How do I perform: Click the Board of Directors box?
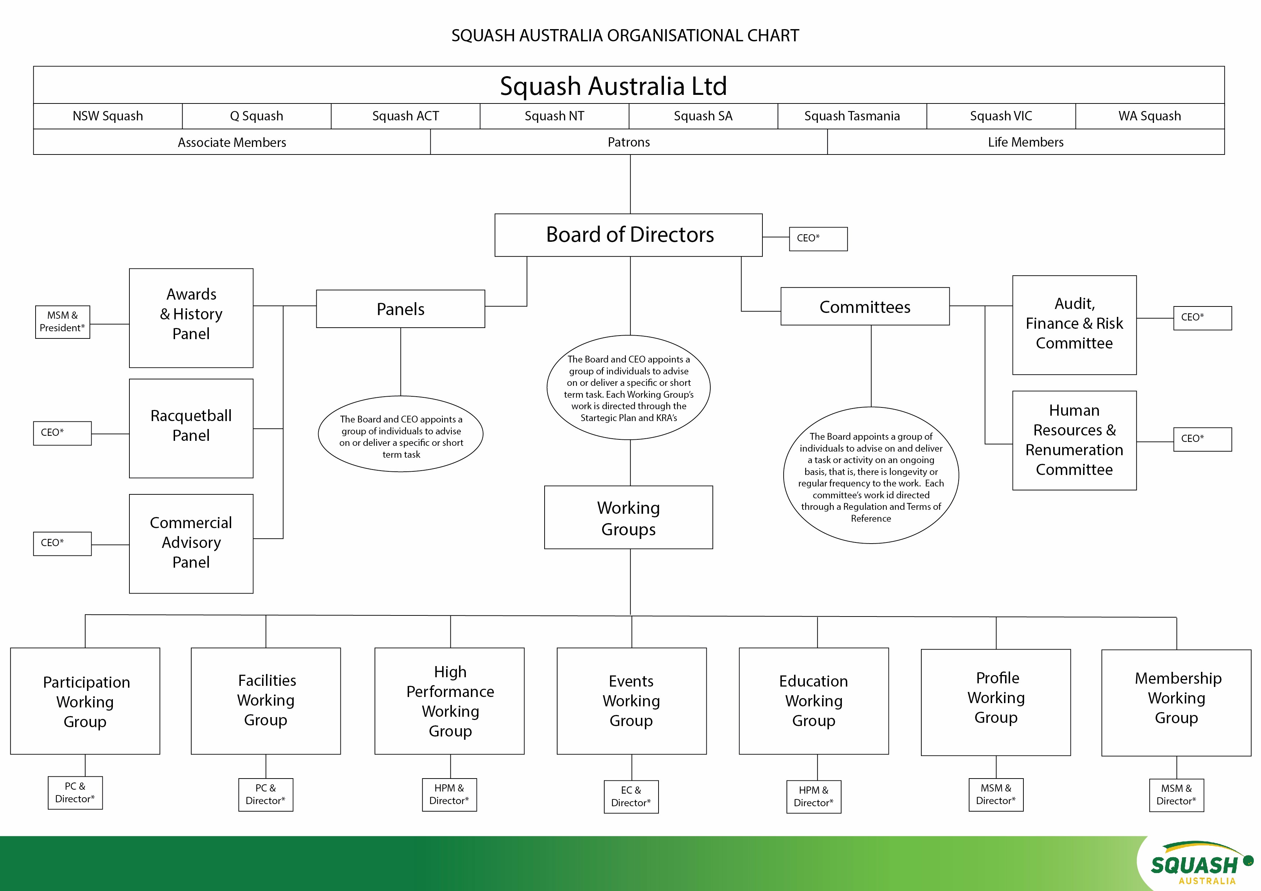[628, 235]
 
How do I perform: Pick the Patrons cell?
[628, 142]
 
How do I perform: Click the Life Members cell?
[1026, 142]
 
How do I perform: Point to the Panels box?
[400, 309]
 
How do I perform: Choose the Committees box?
[865, 307]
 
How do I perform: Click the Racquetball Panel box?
[191, 428]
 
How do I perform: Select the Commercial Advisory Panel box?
[191, 544]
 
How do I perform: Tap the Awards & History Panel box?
[191, 318]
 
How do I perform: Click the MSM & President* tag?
[63, 322]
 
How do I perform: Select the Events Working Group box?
[631, 701]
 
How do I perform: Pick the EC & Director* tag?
[631, 797]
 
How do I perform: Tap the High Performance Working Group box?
[449, 701]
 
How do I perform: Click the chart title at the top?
[625, 36]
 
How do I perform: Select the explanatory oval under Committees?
[871, 475]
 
